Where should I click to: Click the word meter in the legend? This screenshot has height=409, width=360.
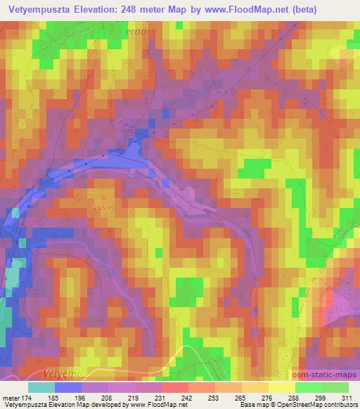click(x=10, y=398)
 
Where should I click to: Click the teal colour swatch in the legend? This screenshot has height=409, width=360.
click(x=41, y=387)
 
